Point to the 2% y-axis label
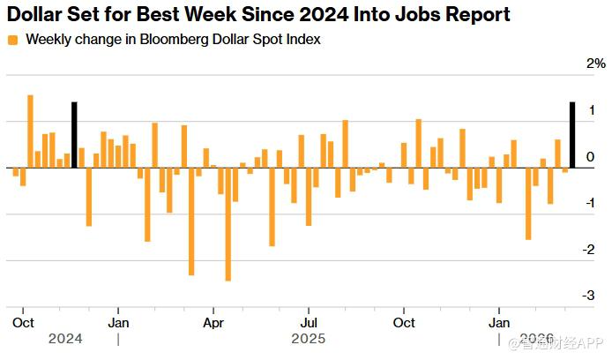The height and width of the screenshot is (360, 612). pos(597,64)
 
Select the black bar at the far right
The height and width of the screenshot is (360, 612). pos(572,135)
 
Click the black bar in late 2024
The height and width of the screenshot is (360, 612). pos(74,135)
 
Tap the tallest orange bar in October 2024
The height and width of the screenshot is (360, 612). pos(30,131)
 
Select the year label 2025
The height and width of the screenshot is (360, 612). pos(309,338)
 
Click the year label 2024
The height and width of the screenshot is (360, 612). pos(65,338)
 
